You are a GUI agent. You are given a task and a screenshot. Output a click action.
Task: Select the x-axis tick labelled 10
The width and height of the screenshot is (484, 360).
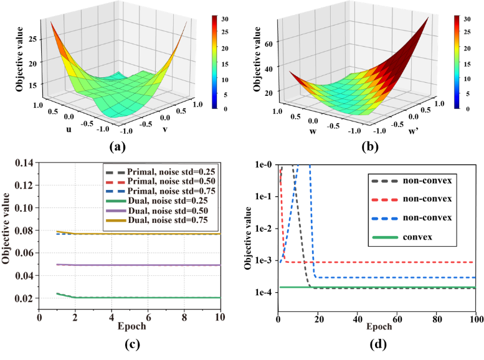point(219,316)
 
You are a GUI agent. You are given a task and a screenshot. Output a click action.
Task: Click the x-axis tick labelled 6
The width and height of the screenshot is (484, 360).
point(147,316)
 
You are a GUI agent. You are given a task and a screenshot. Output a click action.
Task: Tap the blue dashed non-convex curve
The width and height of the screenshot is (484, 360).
point(399,278)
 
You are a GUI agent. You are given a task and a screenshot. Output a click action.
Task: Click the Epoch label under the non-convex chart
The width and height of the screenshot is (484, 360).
point(379,326)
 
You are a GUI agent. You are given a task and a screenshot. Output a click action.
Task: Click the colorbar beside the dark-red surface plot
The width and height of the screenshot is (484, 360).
point(457,62)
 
